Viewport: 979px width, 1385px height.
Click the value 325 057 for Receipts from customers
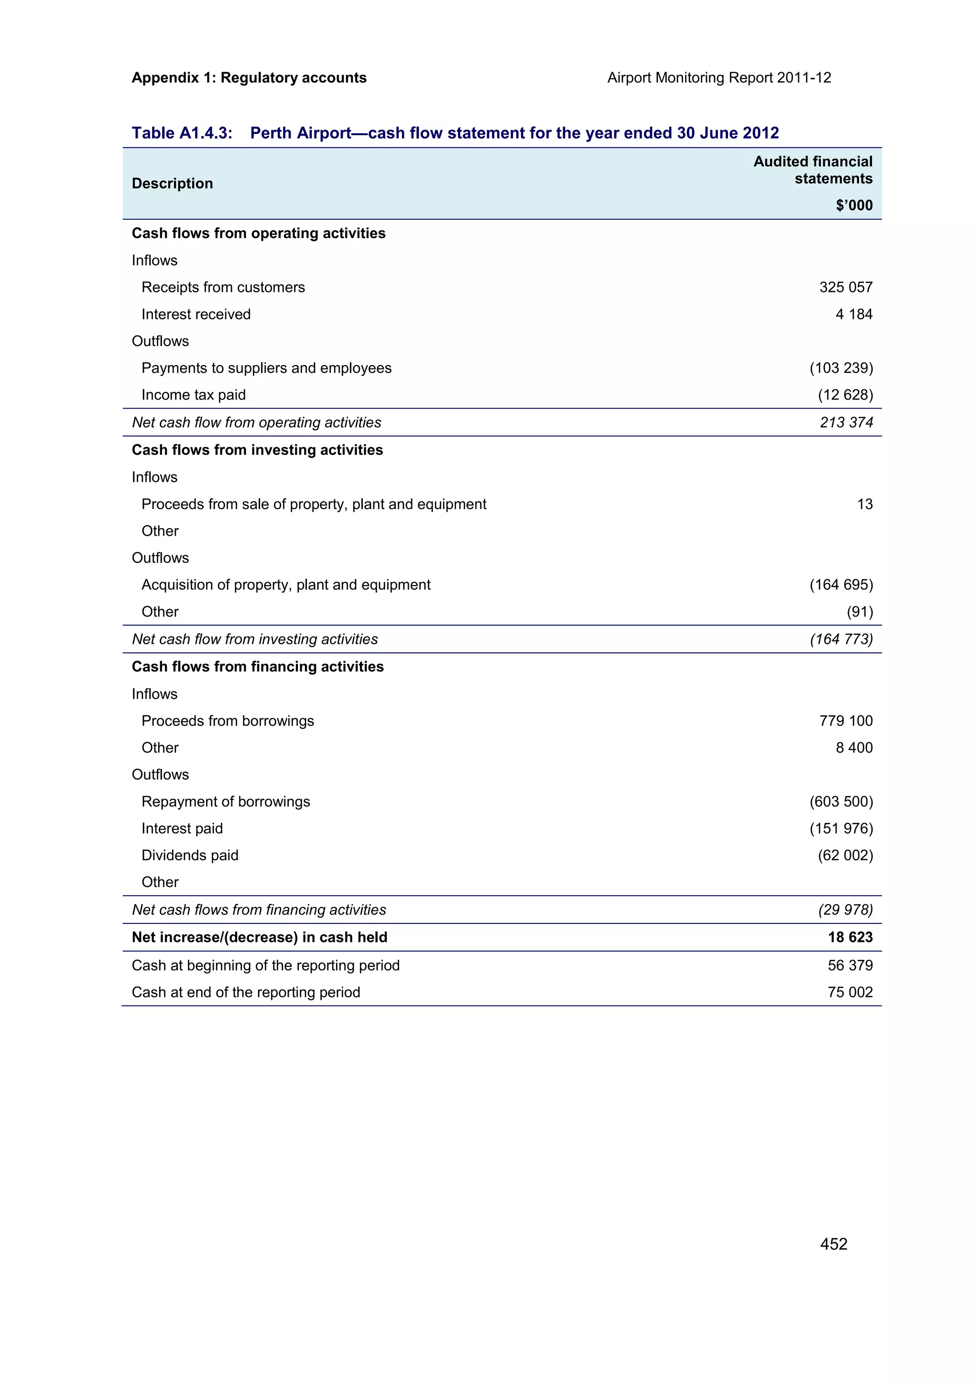pos(845,287)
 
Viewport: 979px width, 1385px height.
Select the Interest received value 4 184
pos(854,314)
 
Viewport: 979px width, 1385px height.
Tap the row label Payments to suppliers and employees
pos(266,368)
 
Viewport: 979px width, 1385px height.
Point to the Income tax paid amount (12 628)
pos(845,395)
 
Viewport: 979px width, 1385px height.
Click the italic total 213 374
pos(846,422)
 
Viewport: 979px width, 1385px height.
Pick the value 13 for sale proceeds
pos(864,504)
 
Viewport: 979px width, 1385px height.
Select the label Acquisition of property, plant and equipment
pos(286,584)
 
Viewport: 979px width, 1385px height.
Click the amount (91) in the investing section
pos(859,612)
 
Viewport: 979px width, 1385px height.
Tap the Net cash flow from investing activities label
pos(255,639)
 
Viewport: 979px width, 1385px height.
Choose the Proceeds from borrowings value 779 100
pos(845,721)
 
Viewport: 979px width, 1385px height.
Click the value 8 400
pos(854,747)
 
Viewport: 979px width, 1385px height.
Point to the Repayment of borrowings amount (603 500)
pos(841,801)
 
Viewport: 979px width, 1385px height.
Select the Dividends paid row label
pos(190,855)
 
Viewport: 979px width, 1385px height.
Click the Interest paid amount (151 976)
pos(841,828)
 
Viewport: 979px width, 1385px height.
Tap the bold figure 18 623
pos(850,937)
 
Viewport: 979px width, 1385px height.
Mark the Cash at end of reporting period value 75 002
pos(850,992)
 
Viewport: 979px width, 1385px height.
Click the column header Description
pos(172,184)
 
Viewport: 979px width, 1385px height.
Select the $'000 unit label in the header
pos(854,205)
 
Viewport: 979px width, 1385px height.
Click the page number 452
pos(833,1244)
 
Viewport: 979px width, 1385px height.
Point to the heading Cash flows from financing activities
pos(258,667)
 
